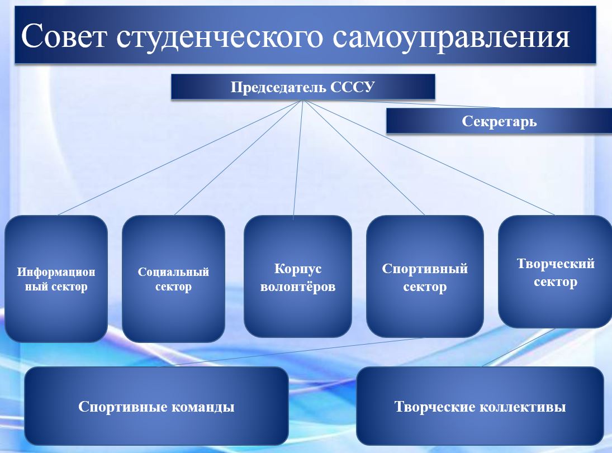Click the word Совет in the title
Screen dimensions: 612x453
coord(64,36)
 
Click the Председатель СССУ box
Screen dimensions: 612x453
coord(303,87)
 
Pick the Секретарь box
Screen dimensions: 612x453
coord(499,121)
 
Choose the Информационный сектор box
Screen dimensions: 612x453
coord(56,279)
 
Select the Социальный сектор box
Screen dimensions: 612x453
coord(174,279)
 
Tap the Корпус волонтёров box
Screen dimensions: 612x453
coord(298,276)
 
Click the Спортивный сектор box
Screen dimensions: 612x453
coord(425,276)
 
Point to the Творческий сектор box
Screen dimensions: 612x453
coord(556,271)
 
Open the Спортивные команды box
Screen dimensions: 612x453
coord(156,406)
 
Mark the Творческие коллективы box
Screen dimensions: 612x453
coord(480,406)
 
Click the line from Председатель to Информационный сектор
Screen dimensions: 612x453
coord(180,158)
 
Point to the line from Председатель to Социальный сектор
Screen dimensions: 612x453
coord(239,158)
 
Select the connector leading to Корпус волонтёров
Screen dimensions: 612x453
coord(298,160)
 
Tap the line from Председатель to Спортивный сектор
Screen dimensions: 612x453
coord(364,158)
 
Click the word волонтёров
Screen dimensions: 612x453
coord(298,287)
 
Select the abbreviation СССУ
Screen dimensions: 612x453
coord(353,87)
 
